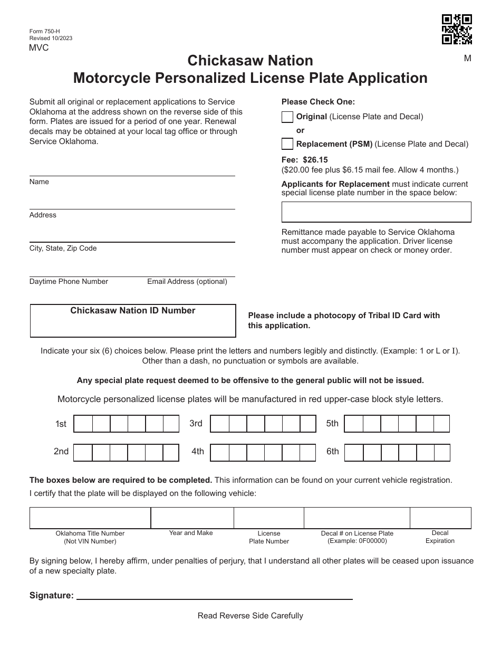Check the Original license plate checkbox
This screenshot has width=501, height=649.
(287, 117)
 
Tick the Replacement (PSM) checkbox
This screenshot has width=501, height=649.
(287, 144)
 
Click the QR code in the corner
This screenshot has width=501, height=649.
(457, 30)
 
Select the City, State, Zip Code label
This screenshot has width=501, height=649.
(63, 249)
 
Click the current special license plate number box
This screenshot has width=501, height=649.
(376, 212)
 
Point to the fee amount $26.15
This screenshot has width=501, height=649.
(315, 159)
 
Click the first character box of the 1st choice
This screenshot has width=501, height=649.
(83, 424)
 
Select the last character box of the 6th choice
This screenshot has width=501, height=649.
(441, 452)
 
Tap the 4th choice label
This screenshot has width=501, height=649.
(198, 452)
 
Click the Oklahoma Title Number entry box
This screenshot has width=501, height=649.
(90, 518)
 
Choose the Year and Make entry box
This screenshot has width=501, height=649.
(192, 518)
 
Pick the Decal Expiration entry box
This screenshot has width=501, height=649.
(440, 518)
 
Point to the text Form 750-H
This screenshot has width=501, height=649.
(45, 32)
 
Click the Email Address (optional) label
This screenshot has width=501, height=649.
(187, 282)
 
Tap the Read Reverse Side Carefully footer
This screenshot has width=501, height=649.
(250, 616)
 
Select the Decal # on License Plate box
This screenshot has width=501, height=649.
(357, 518)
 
